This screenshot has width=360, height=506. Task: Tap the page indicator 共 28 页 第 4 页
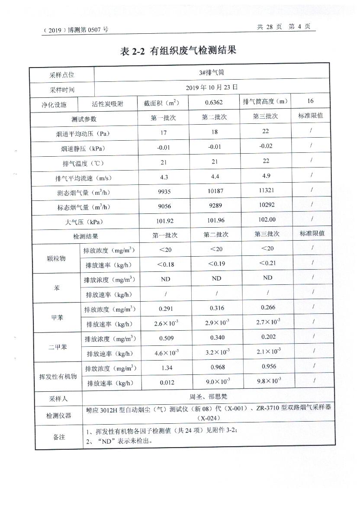pos(283,26)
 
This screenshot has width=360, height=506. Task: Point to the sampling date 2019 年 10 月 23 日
pos(212,87)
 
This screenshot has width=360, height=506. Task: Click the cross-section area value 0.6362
pos(215,103)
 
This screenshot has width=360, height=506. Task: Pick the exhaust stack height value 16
pos(310,101)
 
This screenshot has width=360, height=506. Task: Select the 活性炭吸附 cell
pos(108,104)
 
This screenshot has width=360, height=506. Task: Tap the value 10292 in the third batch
pos(267,205)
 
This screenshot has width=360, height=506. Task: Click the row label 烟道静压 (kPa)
pos(83,148)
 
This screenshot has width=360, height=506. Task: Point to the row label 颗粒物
pos(56,258)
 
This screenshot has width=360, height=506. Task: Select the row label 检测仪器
pos(58,416)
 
